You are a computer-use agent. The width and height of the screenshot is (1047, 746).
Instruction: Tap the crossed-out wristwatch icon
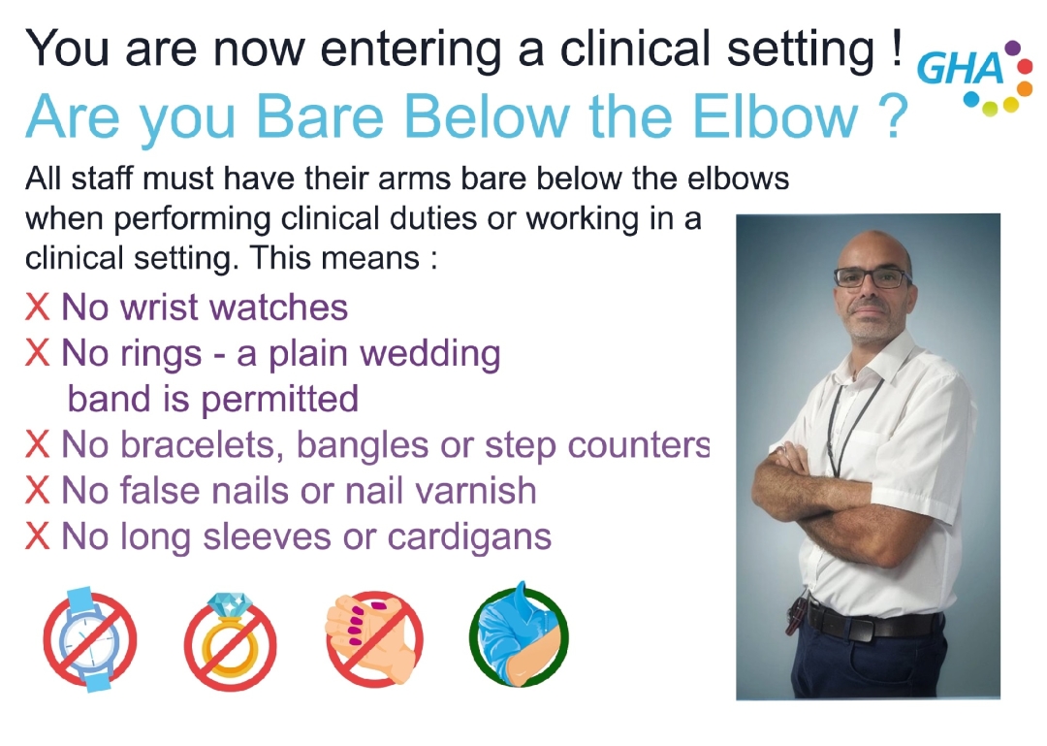pyautogui.click(x=90, y=638)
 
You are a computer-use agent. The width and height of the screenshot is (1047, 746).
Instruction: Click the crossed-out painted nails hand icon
pyautogui.click(x=374, y=638)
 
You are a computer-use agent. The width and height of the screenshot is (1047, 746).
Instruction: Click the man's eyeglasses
pyautogui.click(x=872, y=277)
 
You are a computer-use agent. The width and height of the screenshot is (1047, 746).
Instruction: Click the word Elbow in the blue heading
pyautogui.click(x=775, y=116)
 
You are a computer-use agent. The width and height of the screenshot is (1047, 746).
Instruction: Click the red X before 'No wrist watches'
pyautogui.click(x=37, y=308)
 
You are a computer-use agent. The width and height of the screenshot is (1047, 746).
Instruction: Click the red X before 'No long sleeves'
pyautogui.click(x=37, y=536)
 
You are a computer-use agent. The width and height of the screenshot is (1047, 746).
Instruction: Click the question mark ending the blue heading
pyautogui.click(x=890, y=116)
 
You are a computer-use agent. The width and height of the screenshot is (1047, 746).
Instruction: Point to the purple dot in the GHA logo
pyautogui.click(x=1012, y=47)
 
